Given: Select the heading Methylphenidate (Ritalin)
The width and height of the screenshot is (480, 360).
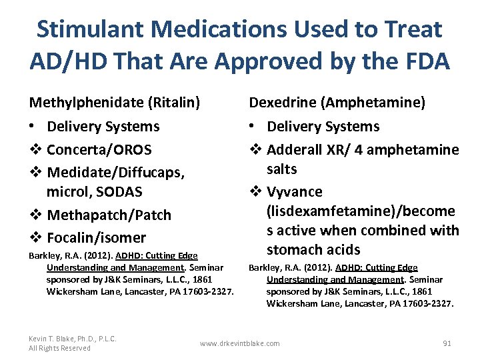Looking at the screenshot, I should (x=114, y=103).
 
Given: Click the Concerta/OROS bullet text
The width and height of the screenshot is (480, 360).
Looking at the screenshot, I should (x=99, y=149).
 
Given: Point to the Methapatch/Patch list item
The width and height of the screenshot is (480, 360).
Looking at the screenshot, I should (x=109, y=215).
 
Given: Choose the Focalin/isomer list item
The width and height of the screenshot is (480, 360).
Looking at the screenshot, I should (x=97, y=237).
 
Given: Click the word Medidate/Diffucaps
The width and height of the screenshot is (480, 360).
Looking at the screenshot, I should (x=115, y=172).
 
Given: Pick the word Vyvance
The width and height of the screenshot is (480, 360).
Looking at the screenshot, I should (x=294, y=192).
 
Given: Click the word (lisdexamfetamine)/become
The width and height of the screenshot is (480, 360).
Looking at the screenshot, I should (x=361, y=211).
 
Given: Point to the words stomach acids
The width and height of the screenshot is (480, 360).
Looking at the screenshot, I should (x=313, y=250).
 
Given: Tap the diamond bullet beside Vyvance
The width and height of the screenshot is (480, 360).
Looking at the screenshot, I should (x=255, y=192).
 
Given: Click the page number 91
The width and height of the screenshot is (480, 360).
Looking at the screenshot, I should (x=447, y=343).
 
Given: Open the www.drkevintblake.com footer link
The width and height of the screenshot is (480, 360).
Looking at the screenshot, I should (x=240, y=343).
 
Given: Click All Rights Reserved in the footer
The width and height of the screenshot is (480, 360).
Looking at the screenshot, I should (x=59, y=348).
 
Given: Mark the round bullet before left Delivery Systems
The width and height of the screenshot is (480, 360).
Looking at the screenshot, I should (x=33, y=127).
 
